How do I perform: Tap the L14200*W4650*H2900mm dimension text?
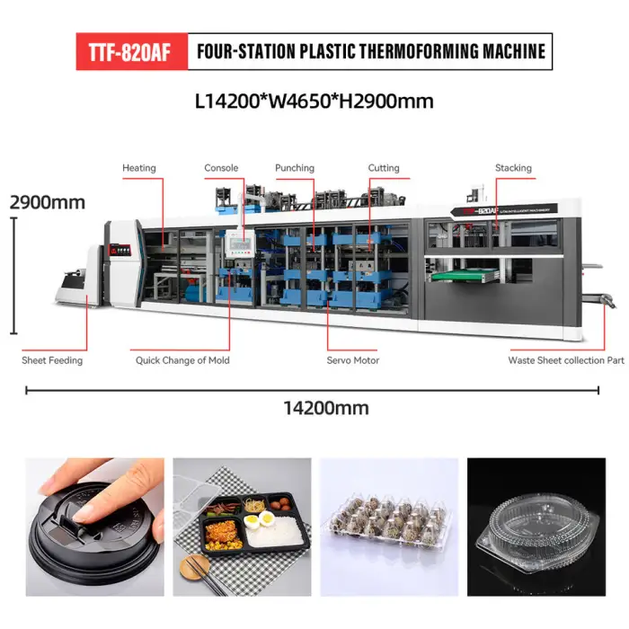pyautogui.click(x=314, y=101)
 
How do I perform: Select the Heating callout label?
pyautogui.click(x=138, y=168)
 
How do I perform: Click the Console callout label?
pyautogui.click(x=221, y=168)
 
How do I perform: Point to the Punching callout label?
pyautogui.click(x=295, y=168)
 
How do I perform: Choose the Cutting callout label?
pyautogui.click(x=384, y=168)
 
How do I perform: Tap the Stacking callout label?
pyautogui.click(x=513, y=168)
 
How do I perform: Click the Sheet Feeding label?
pyautogui.click(x=52, y=360)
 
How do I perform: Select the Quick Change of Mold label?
pyautogui.click(x=182, y=360)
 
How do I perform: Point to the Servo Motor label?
pyautogui.click(x=352, y=360)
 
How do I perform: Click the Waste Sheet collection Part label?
pyautogui.click(x=566, y=360)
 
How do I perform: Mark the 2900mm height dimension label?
pyautogui.click(x=48, y=202)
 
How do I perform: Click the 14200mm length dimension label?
pyautogui.click(x=326, y=408)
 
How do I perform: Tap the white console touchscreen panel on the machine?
pyautogui.click(x=240, y=244)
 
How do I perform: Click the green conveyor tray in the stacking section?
pyautogui.click(x=465, y=275)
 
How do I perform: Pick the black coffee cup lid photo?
pyautogui.click(x=94, y=527)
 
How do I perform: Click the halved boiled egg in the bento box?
pyautogui.click(x=259, y=520)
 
